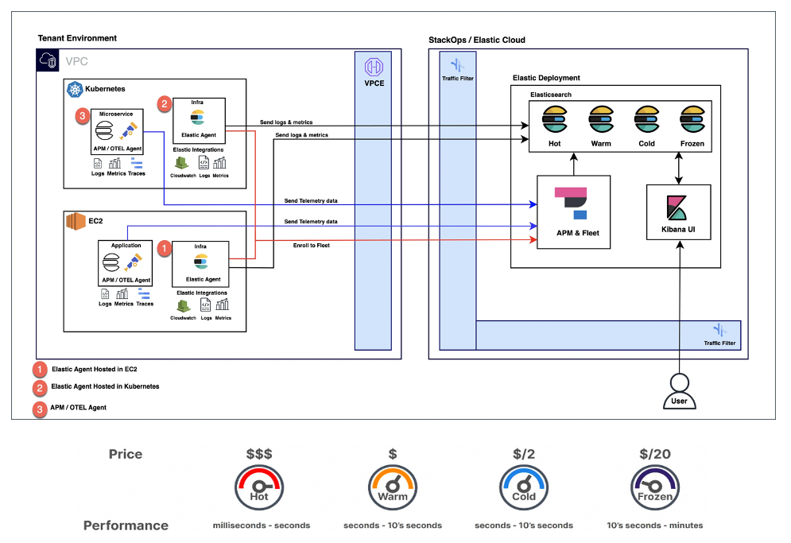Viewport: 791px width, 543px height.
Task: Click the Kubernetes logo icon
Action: [76, 89]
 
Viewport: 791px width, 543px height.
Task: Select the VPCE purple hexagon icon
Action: [373, 67]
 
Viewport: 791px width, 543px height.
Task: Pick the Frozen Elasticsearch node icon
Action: [693, 120]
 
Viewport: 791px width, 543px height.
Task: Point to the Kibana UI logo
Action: [678, 207]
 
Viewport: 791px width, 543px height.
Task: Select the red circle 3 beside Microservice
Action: [82, 118]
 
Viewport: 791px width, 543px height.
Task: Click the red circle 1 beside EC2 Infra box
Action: [164, 248]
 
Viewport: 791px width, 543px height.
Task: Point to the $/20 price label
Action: [655, 454]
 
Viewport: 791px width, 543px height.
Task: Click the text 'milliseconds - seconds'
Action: [261, 526]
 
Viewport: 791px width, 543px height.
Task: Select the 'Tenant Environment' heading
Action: [77, 38]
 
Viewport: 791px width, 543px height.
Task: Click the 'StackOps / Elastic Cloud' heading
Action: [477, 40]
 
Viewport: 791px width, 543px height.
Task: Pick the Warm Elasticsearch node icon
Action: [600, 120]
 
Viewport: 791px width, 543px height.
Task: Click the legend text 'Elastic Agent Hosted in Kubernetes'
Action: [105, 386]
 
